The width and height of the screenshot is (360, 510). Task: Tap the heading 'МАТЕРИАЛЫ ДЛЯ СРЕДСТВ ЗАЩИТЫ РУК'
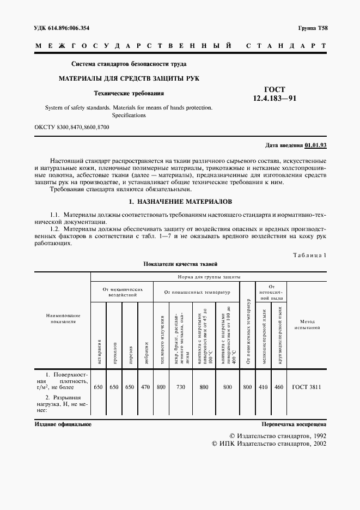(129, 78)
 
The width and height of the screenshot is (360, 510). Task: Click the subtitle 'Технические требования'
(129, 93)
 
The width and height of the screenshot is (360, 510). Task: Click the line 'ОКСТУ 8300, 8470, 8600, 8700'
(72, 127)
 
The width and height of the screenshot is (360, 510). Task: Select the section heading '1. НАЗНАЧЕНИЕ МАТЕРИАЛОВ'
(180, 202)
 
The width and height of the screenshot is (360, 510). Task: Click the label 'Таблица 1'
(309, 255)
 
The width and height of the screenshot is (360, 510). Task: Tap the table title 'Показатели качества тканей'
(180, 264)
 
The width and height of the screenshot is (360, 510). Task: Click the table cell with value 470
(145, 387)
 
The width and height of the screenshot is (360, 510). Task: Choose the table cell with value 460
(278, 387)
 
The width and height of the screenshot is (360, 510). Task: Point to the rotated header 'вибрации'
(146, 349)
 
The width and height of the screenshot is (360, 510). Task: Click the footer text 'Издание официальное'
(63, 423)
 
